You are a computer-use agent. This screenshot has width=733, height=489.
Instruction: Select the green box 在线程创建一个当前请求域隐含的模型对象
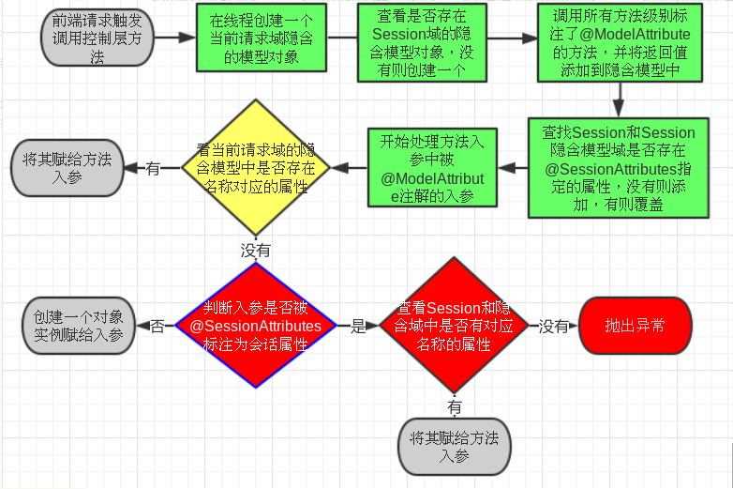pos(262,38)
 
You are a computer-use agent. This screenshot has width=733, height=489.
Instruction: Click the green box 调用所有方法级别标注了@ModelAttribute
pos(619,41)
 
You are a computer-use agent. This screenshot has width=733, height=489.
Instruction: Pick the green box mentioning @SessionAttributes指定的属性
pos(618,167)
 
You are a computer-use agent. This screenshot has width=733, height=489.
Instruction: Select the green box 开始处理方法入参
pos(431,167)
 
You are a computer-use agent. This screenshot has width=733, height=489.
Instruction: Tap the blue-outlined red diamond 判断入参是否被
pos(255,325)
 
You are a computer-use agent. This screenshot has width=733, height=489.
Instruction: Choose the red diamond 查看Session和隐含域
pos(454,325)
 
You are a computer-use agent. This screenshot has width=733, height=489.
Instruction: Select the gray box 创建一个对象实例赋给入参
pos(79,326)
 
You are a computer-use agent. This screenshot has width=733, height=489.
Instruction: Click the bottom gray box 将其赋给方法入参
pos(454,447)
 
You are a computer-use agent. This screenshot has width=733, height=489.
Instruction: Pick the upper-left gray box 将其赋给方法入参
pos(66,168)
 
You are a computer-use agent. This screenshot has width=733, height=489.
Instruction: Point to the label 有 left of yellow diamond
pos(152,168)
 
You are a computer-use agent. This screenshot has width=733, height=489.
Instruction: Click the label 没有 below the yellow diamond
pos(255,251)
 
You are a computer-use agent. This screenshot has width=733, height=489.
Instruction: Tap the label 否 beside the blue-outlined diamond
pos(157,327)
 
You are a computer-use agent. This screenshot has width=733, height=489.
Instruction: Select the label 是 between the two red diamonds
pos(357,327)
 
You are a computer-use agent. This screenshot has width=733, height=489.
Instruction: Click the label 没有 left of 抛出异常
pos(553,327)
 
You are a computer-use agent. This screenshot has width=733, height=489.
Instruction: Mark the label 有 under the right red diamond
pos(454,406)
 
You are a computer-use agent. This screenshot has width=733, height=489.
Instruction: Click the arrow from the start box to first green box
pos(172,40)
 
